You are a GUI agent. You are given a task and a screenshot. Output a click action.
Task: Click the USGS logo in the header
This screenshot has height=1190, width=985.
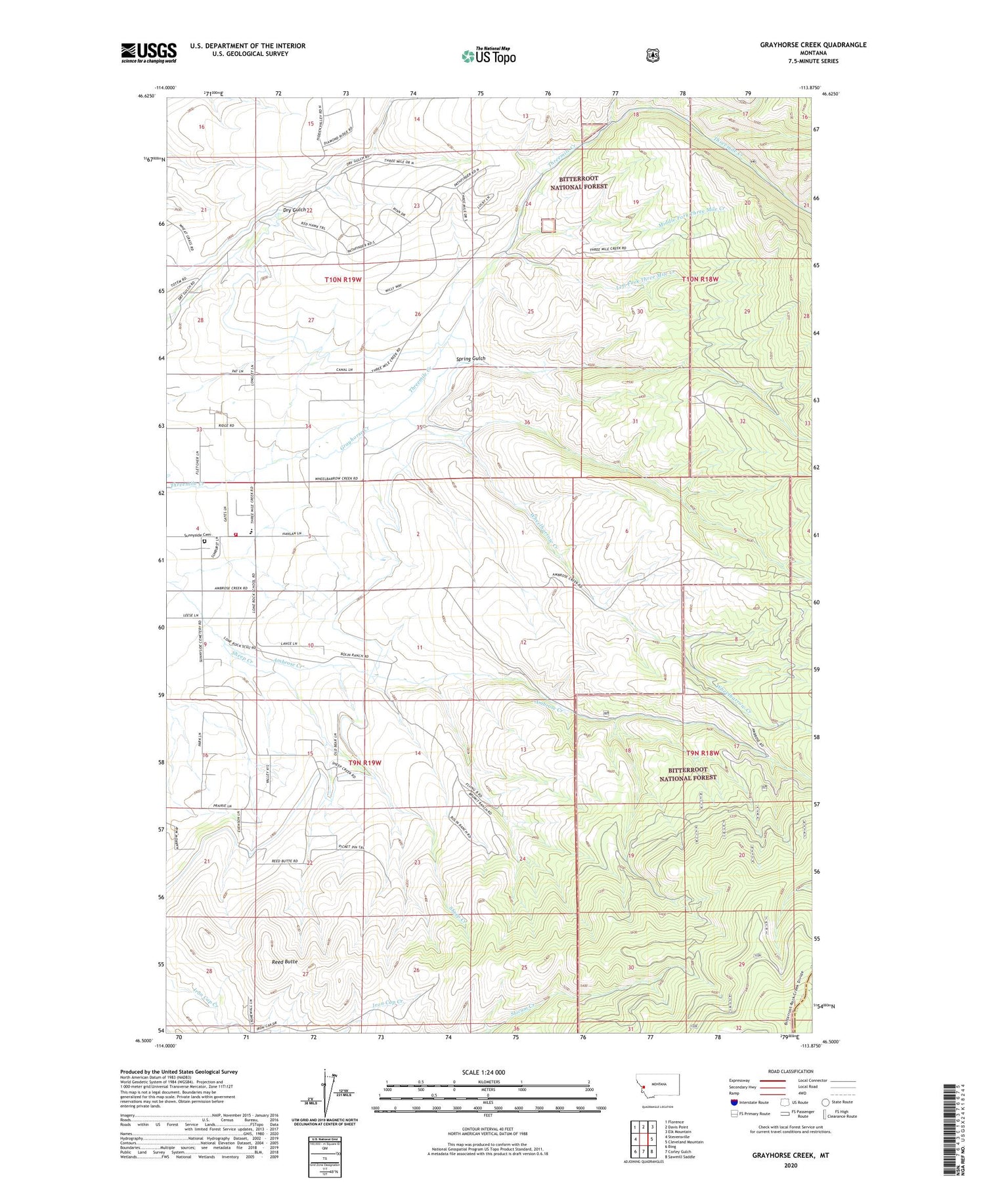click(148, 53)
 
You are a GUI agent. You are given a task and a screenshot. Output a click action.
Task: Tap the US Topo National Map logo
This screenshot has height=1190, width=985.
click(489, 55)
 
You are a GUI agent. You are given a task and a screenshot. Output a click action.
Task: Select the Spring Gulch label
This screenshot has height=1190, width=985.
click(471, 359)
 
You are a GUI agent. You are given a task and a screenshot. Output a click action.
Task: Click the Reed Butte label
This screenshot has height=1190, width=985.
click(285, 962)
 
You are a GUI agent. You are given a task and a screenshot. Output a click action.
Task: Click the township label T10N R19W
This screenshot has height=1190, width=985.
click(343, 280)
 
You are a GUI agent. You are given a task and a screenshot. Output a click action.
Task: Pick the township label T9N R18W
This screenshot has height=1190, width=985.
click(703, 753)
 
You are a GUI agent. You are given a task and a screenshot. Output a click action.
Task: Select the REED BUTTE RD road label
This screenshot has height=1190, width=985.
click(283, 861)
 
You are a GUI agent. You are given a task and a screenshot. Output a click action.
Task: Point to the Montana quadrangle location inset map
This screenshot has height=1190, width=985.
click(657, 1088)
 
